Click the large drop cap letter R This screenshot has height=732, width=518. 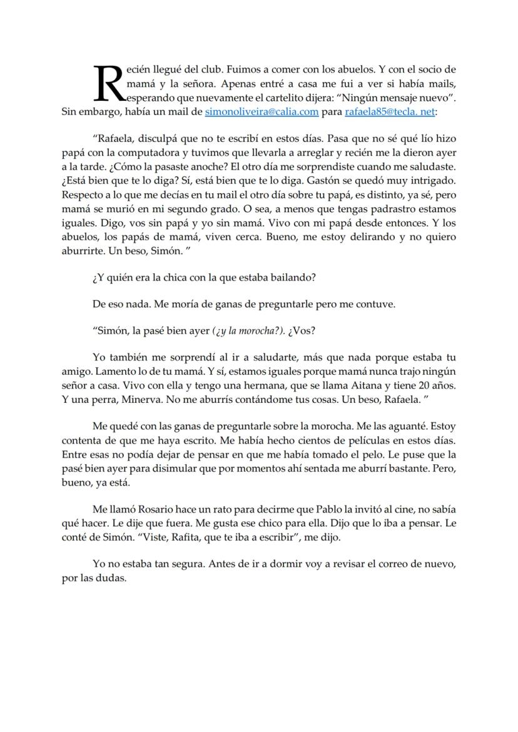point(108,83)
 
